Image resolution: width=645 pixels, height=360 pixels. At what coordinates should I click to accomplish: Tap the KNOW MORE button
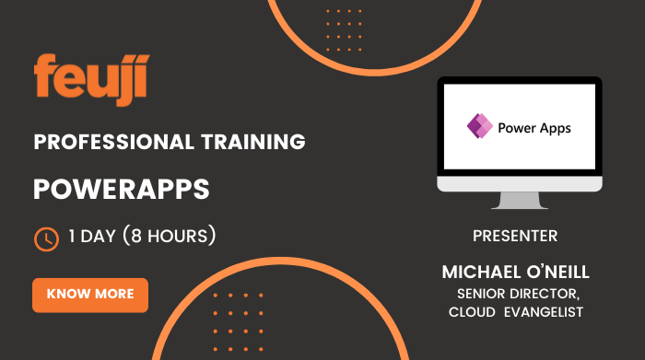tap(90, 295)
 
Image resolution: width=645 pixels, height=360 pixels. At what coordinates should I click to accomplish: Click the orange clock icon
tap(46, 239)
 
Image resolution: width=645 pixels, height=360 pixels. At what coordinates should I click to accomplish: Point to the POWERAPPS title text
tap(122, 190)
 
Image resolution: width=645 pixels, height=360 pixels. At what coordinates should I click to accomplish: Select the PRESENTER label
tap(515, 236)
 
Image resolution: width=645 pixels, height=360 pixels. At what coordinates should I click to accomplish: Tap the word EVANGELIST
tap(547, 312)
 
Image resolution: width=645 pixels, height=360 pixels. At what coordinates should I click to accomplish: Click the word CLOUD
tap(470, 312)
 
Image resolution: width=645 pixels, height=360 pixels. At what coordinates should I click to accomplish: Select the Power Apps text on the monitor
tap(534, 128)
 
